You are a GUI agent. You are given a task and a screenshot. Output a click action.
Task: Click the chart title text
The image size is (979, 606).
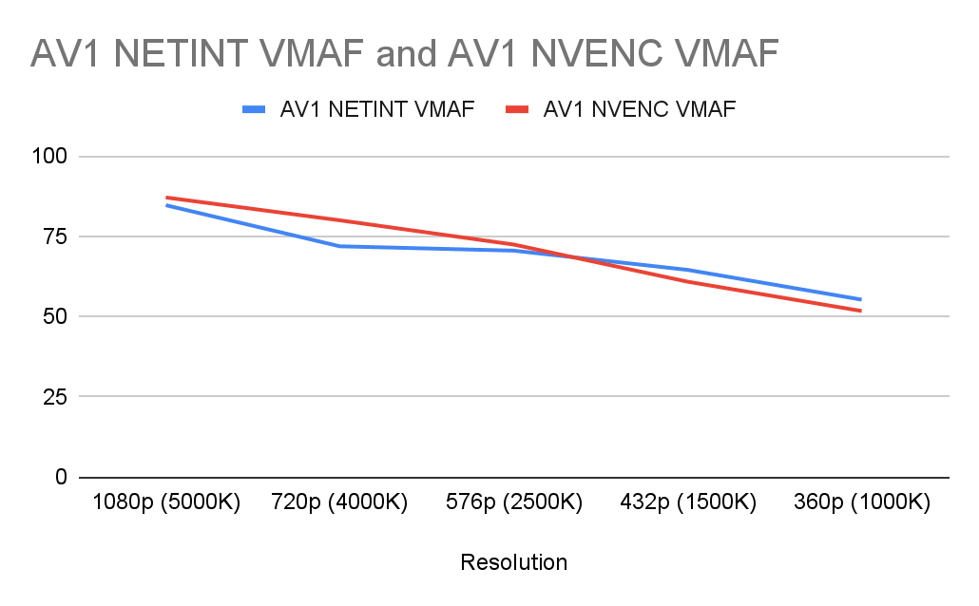tap(404, 54)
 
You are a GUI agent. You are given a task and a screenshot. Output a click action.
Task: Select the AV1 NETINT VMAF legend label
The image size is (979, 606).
tap(376, 110)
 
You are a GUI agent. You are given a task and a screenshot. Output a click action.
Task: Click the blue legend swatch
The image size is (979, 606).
tap(254, 110)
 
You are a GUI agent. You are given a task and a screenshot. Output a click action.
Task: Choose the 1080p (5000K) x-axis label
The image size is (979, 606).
tap(166, 502)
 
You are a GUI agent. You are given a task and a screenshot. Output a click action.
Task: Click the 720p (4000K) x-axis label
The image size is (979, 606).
tap(339, 502)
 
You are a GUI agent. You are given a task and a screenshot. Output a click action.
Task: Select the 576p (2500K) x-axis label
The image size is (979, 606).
tap(513, 502)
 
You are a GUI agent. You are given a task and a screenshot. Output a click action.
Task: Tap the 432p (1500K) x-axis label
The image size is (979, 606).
tap(687, 502)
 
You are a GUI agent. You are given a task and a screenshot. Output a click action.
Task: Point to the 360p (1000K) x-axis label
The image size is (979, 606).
tap(861, 502)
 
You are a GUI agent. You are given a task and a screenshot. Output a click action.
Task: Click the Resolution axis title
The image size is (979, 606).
tap(513, 562)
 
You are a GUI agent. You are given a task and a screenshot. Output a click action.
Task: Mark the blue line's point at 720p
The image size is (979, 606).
tap(339, 246)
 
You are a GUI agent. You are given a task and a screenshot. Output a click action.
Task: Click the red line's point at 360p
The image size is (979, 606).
tap(861, 311)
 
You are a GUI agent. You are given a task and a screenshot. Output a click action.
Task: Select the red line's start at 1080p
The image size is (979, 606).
tap(166, 198)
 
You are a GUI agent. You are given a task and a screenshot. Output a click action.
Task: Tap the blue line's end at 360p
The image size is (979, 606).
tap(861, 299)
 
